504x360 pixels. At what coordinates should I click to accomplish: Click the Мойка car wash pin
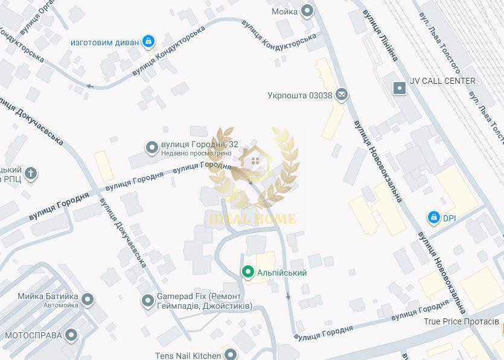click(308, 10)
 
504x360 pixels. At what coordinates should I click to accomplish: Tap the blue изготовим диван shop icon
click(148, 42)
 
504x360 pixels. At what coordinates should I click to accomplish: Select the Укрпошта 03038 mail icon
click(342, 95)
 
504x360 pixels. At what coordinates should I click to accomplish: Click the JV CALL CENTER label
click(442, 81)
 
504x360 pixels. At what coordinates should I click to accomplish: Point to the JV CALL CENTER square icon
click(399, 88)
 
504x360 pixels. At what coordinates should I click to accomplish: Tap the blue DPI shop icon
click(433, 218)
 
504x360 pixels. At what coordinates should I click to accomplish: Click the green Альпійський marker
click(247, 273)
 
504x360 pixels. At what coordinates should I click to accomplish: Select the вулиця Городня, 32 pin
click(152, 147)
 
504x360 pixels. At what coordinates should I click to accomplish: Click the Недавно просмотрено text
click(196, 153)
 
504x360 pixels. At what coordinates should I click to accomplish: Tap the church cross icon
click(30, 174)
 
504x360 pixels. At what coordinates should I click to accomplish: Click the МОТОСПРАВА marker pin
click(72, 335)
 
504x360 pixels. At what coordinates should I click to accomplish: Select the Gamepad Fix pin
click(148, 300)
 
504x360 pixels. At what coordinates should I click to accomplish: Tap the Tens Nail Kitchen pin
click(230, 355)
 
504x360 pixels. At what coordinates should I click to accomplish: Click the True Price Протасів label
click(461, 321)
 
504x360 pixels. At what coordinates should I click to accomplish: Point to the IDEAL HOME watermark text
click(252, 218)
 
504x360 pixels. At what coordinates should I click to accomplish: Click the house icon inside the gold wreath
click(255, 160)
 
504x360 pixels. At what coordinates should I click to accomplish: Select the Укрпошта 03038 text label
click(300, 95)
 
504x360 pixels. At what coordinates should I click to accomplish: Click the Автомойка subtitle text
click(60, 306)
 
